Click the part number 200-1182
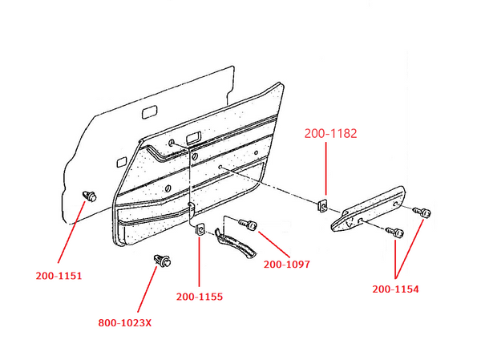pyautogui.click(x=330, y=133)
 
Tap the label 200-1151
pyautogui.click(x=59, y=275)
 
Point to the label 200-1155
pyautogui.click(x=199, y=297)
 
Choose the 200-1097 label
pyautogui.click(x=286, y=264)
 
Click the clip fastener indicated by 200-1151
pyautogui.click(x=90, y=195)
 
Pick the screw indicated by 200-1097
pyautogui.click(x=246, y=224)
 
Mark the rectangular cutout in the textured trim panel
pyautogui.click(x=193, y=139)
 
